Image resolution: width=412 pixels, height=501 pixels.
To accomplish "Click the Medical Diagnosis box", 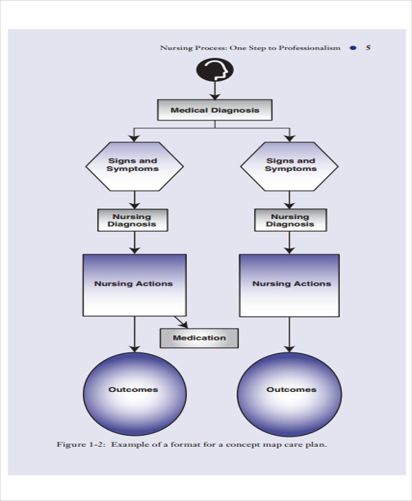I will tap(215, 110).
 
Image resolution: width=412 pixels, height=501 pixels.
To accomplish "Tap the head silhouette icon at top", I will tap(215, 69).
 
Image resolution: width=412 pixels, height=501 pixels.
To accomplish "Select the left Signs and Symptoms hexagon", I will tap(134, 165).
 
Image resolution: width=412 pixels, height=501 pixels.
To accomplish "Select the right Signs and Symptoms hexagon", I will tap(290, 165).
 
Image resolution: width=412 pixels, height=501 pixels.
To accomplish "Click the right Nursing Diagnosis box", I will tap(290, 220).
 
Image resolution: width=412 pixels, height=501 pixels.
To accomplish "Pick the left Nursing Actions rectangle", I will tap(134, 284).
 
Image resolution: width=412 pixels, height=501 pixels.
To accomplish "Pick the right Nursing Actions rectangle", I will tap(290, 284).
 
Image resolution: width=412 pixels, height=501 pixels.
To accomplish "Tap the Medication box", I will tap(199, 338).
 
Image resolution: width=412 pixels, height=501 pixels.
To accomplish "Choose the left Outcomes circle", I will tap(133, 390).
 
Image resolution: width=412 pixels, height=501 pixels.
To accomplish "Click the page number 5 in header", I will tap(368, 48).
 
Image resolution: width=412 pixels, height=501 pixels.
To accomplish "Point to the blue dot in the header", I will tap(353, 48).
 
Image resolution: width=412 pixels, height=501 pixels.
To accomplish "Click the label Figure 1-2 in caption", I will tap(80, 444).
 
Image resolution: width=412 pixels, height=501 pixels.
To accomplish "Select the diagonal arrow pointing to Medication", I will tap(181, 321).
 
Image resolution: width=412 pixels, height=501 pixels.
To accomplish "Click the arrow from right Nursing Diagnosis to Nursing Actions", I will tap(290, 242).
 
